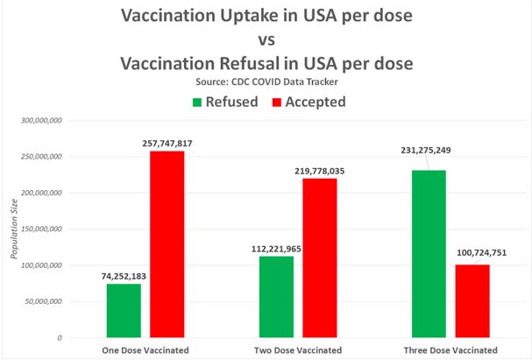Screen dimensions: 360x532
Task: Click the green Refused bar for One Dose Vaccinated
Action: point(124,310)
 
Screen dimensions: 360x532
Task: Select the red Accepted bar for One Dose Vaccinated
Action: point(167,244)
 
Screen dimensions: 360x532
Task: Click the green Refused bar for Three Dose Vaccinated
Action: point(429,253)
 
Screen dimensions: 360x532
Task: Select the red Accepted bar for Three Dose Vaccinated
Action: point(472,300)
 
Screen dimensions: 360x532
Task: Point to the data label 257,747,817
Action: point(167,141)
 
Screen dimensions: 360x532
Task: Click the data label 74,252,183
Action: point(124,275)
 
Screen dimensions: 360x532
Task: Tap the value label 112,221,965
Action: point(276,247)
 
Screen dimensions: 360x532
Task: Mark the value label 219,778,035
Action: point(320,170)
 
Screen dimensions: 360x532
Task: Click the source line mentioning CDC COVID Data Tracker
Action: point(266,81)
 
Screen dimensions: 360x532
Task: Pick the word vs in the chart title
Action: point(266,40)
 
